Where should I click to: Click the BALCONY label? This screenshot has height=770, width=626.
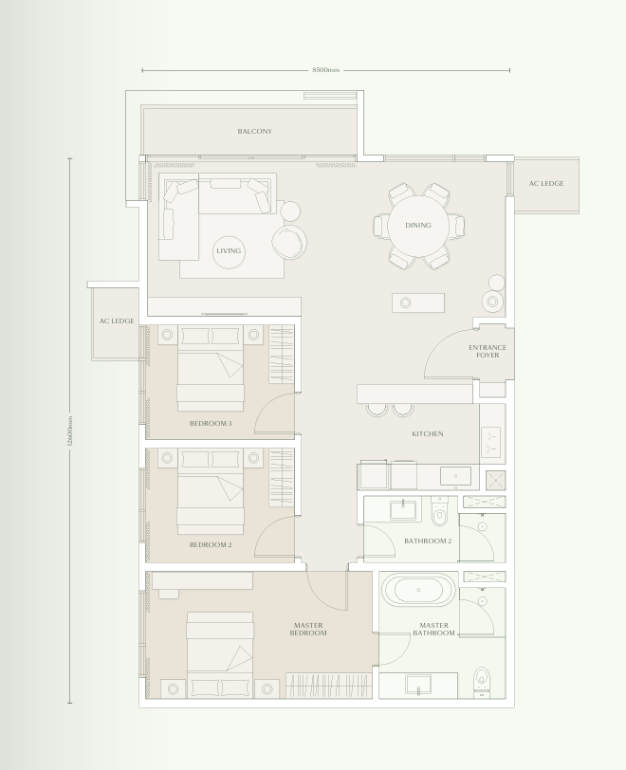pos(254,132)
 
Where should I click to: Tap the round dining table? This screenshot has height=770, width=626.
pos(417,226)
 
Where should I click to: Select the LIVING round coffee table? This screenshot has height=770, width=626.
pos(229,250)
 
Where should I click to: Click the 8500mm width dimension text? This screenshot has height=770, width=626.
pos(325,70)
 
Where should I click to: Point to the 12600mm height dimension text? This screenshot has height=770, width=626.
pos(70,431)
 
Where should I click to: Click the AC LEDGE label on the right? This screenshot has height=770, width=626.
pos(546,183)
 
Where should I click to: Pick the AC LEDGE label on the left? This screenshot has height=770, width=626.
pos(117,321)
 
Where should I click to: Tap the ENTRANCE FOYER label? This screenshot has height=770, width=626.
pos(488,352)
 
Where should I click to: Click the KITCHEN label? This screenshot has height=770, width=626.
pos(427,434)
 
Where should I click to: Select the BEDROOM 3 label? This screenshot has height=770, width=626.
pos(211,423)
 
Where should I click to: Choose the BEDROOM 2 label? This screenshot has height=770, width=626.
pos(211,544)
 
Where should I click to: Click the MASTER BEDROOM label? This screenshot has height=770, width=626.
pos(308,629)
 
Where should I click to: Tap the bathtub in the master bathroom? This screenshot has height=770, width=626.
pos(418,590)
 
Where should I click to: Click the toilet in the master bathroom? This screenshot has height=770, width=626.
pos(483,679)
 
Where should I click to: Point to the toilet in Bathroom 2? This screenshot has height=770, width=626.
pos(438,513)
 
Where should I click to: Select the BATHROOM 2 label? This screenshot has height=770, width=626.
pos(427,541)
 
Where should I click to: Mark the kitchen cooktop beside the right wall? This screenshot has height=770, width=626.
pos(492,438)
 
